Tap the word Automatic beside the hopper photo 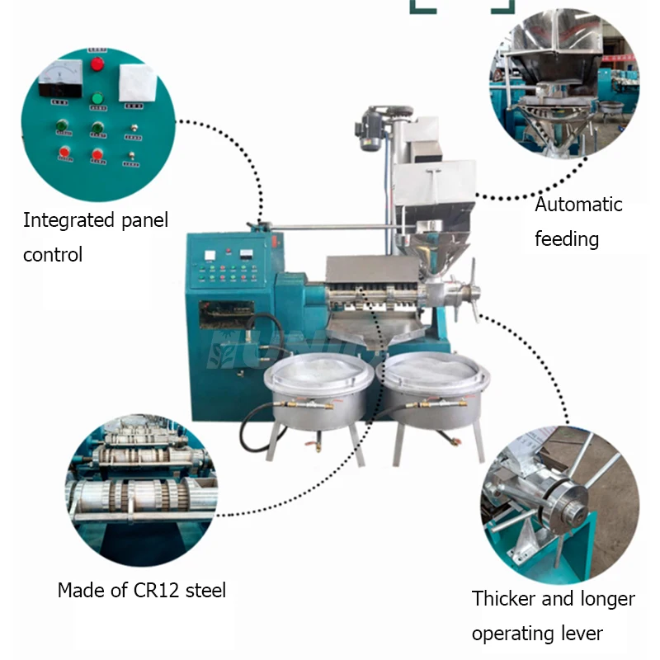(x=578, y=205)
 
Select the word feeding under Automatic (x=566, y=239)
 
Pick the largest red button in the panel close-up (x=97, y=64)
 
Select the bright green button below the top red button (x=97, y=97)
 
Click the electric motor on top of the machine (x=369, y=130)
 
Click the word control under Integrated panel (x=53, y=255)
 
